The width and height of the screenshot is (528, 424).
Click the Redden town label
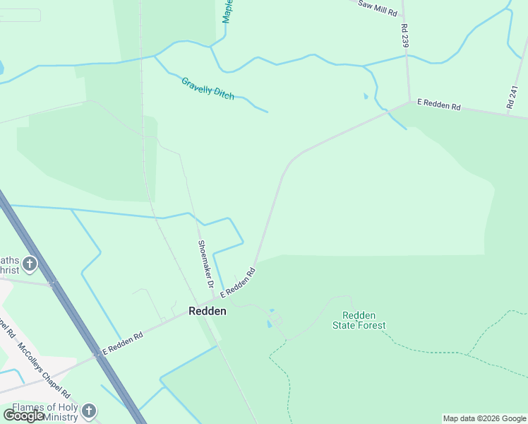tap(208, 311)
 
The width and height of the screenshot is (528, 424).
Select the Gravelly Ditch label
tap(208, 88)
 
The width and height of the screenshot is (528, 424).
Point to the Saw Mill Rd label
tap(378, 8)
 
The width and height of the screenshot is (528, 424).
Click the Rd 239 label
tap(404, 36)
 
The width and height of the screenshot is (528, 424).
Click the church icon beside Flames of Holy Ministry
tap(89, 411)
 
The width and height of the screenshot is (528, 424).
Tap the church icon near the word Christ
tap(30, 264)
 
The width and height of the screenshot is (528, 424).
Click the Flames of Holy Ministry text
tap(42, 413)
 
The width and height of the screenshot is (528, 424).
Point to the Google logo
tap(23, 416)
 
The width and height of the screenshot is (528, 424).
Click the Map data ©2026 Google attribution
tap(484, 418)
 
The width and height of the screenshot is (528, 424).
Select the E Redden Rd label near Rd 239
tap(438, 105)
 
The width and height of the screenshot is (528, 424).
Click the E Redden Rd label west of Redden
tap(123, 343)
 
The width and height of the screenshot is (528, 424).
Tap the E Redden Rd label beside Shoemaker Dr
tap(237, 283)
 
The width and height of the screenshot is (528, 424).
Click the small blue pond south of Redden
tap(268, 324)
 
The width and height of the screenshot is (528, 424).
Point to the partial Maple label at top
tap(227, 11)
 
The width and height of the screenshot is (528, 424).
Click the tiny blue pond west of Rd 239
tap(365, 96)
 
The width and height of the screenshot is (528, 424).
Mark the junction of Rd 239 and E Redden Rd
tap(409, 102)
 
